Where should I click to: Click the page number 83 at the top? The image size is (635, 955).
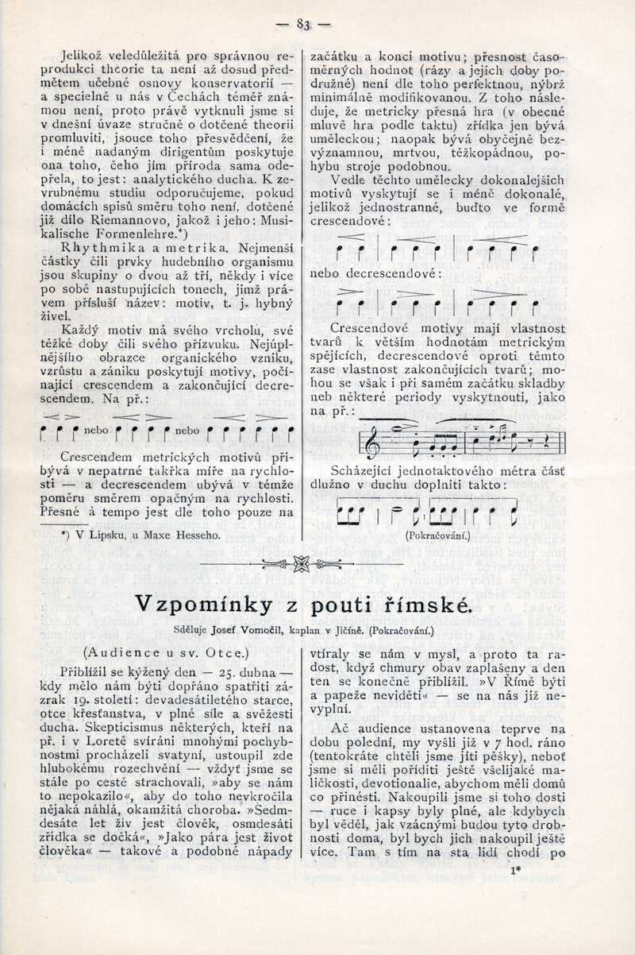pos(302,25)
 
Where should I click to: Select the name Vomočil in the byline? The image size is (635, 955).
pos(256,631)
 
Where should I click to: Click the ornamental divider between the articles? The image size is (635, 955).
pos(301,564)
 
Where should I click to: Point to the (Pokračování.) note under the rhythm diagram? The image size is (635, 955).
pos(437,535)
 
